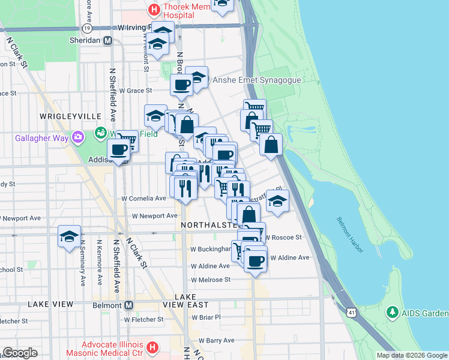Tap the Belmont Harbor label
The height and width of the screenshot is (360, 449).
349,235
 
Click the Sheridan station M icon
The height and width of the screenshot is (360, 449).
108,40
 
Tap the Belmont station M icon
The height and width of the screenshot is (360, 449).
128,305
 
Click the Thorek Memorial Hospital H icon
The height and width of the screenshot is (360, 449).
154,9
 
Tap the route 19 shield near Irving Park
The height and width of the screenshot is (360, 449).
88,28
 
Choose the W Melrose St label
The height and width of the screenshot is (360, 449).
211,280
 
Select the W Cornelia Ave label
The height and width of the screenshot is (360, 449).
143,198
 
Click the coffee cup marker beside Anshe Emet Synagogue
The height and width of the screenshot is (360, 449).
181,85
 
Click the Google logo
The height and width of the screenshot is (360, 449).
20,353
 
